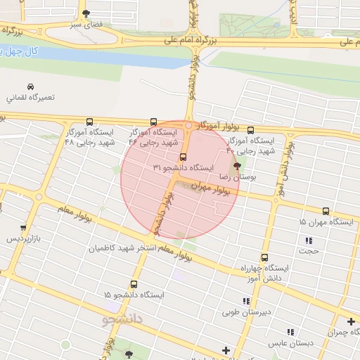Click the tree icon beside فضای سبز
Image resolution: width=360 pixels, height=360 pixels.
[86, 13]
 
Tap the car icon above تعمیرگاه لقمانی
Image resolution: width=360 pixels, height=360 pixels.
[30, 86]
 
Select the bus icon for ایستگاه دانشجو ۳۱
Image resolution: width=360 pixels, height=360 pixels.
[184, 157]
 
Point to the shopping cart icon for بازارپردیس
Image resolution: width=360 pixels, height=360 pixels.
[23, 228]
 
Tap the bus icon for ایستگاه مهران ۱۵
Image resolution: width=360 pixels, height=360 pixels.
[326, 211]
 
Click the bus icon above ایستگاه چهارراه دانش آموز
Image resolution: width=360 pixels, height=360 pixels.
[264, 257]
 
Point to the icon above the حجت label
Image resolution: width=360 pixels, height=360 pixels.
[308, 239]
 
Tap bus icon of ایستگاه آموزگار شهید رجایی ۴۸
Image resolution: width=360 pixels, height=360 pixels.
[89, 121]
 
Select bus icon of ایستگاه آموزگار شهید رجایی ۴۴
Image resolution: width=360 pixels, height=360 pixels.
[154, 121]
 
